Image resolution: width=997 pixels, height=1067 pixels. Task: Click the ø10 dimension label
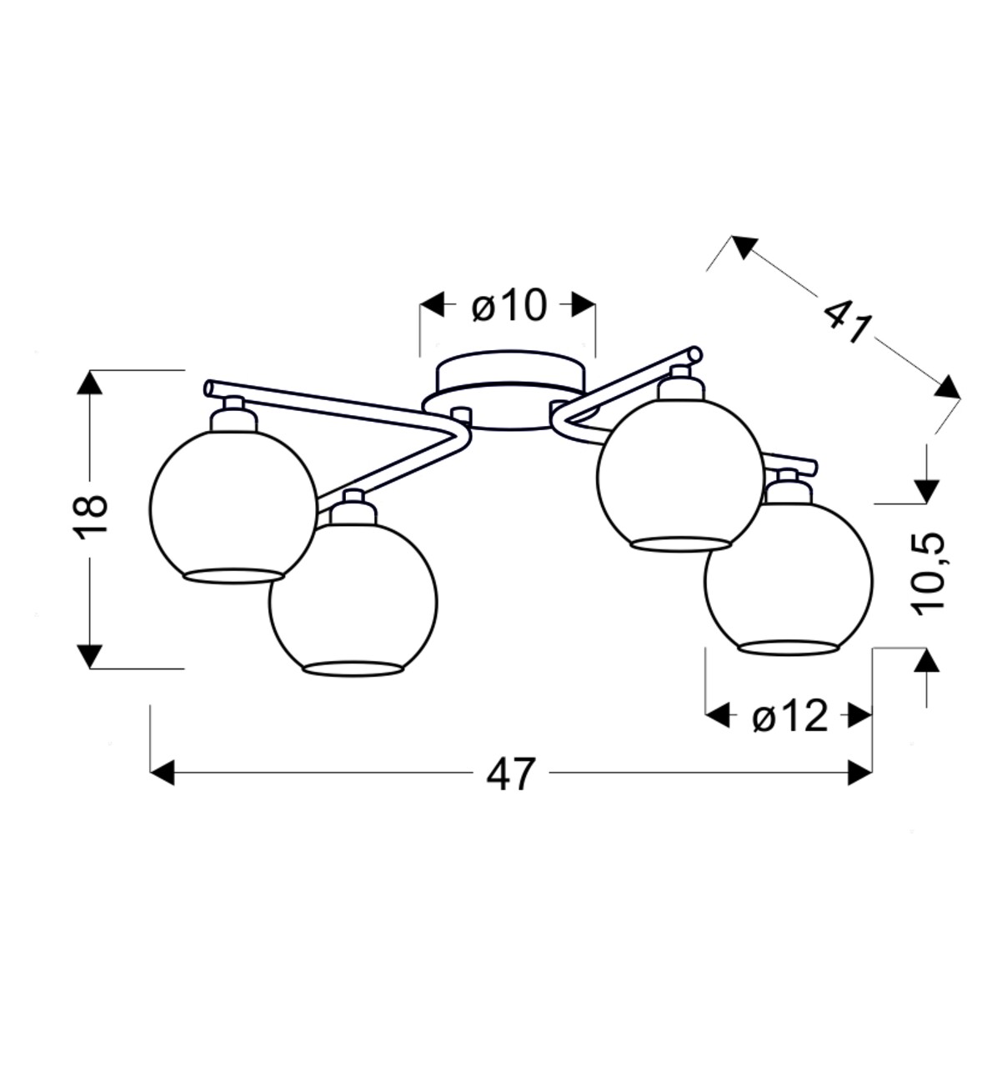[x=509, y=306]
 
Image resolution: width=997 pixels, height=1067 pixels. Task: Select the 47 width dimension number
[x=511, y=775]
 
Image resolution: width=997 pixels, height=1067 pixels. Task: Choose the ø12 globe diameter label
[x=789, y=717]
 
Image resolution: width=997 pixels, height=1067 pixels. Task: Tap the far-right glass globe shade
[x=789, y=579]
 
